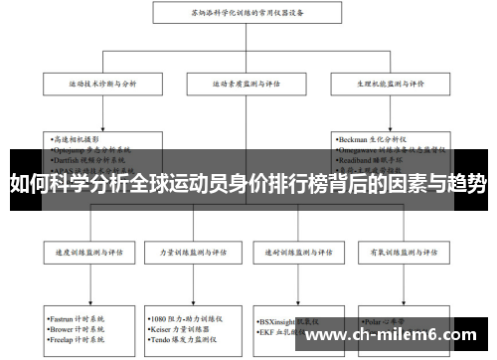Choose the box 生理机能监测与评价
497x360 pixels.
pyautogui.click(x=395, y=85)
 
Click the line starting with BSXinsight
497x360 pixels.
pyautogui.click(x=288, y=321)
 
